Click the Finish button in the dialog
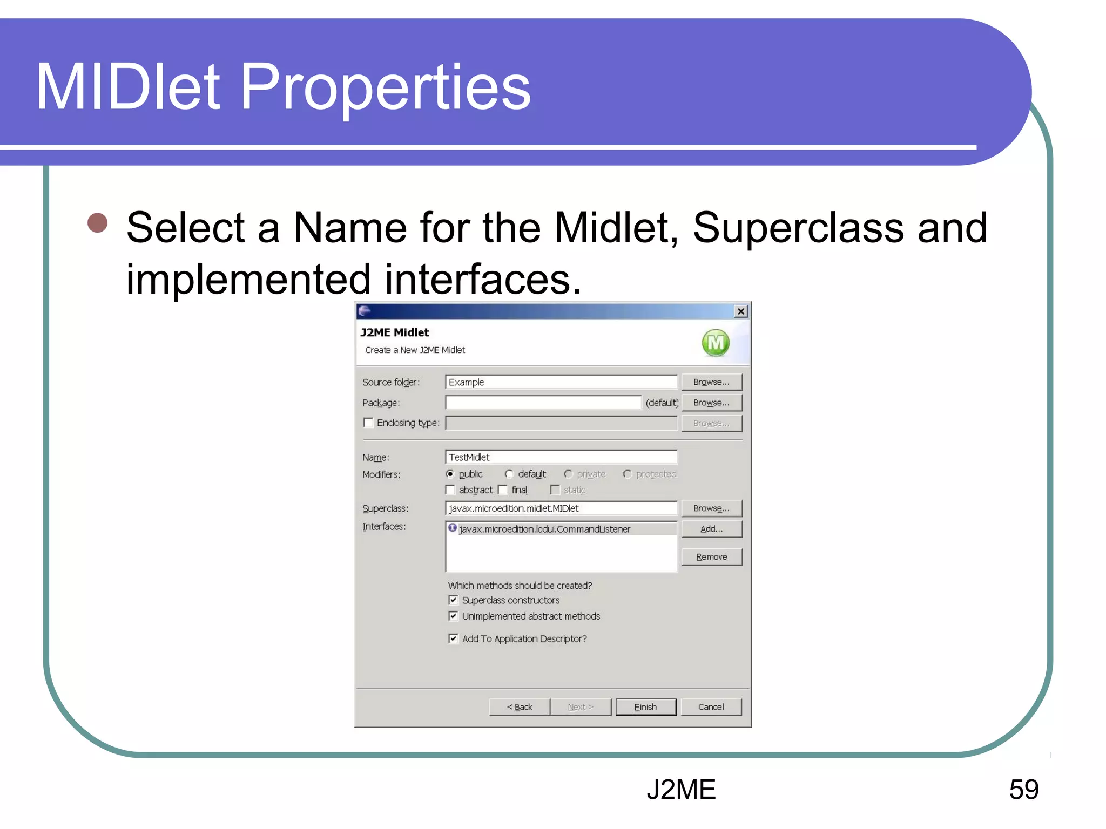645,707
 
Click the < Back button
520,707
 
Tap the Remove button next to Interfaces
711,557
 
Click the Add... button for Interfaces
711,529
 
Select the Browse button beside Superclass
711,508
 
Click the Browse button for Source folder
711,382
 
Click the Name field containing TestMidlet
561,457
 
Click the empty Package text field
543,403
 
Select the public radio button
450,474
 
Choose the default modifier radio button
509,474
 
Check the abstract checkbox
450,490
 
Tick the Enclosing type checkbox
368,423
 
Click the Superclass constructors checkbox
453,600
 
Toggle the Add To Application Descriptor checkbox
453,638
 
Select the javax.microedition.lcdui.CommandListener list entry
544,529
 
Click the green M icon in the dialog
716,343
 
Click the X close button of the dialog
741,311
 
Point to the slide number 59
1023,790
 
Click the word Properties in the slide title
385,87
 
